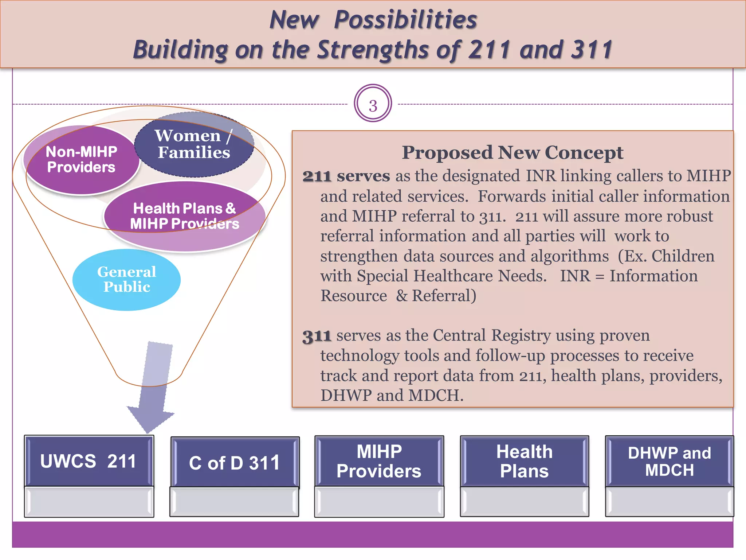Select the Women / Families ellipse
(x=194, y=144)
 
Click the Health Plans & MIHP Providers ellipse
(x=185, y=216)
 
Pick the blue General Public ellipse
(x=126, y=280)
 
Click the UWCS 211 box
(x=89, y=461)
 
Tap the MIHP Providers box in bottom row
(x=379, y=462)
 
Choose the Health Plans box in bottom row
(x=524, y=462)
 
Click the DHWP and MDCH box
(x=669, y=462)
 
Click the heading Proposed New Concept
(x=512, y=153)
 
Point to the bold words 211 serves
(x=346, y=176)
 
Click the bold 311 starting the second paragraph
(x=317, y=336)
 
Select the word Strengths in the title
(x=373, y=50)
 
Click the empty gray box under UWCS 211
(x=89, y=502)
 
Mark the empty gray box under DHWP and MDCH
(x=669, y=502)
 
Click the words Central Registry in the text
(x=492, y=335)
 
